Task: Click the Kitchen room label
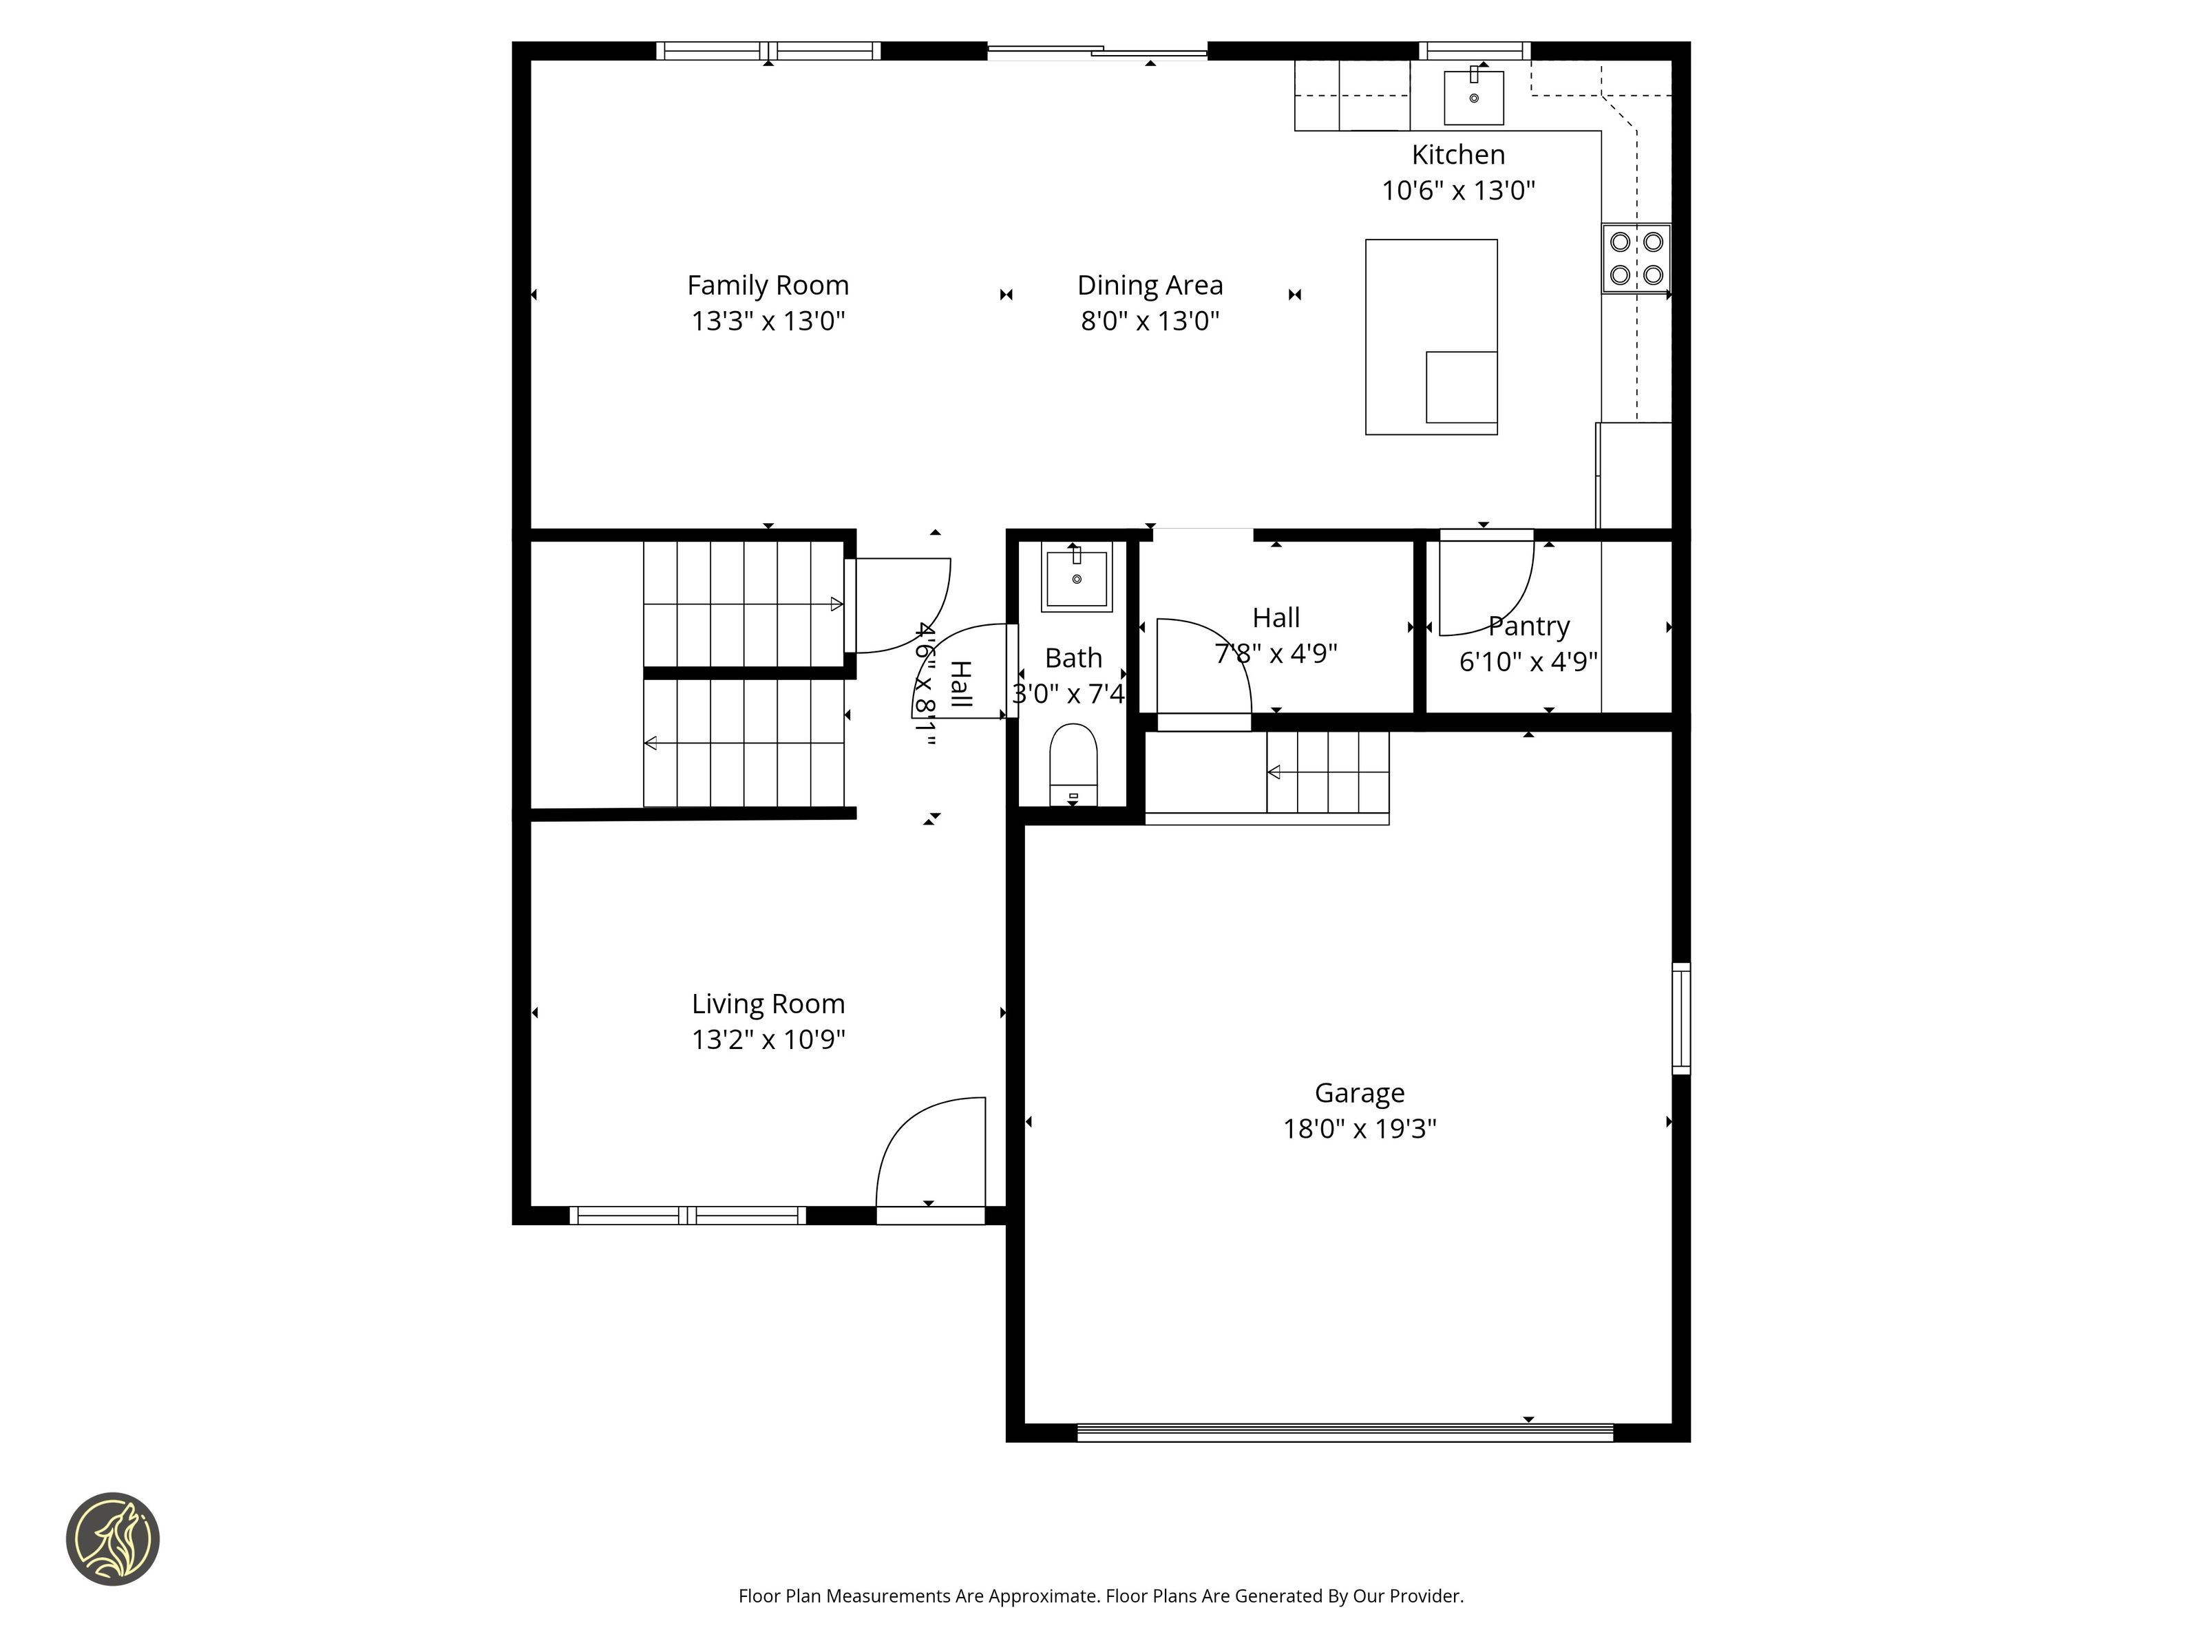click(x=1458, y=156)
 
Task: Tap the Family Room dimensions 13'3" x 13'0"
click(x=768, y=321)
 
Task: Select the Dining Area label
click(x=1150, y=286)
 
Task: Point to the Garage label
click(x=1360, y=1093)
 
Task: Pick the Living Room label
click(x=768, y=1004)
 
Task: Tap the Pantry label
click(x=1529, y=626)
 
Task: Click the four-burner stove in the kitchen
click(x=1636, y=258)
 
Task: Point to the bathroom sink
click(x=1075, y=577)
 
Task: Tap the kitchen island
click(x=1431, y=337)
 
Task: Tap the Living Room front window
click(x=687, y=1215)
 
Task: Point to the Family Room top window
click(x=768, y=51)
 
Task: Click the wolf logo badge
click(x=112, y=1538)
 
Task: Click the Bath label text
click(x=1073, y=658)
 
